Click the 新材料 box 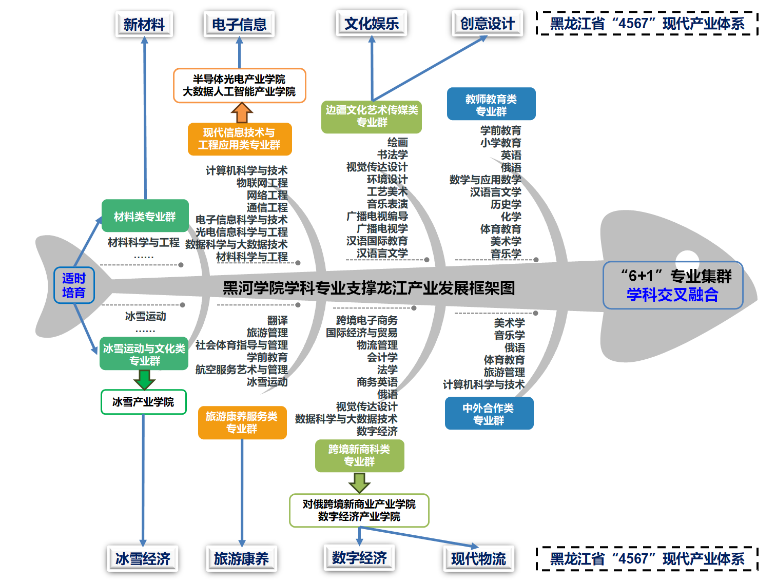pos(144,24)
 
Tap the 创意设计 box pos(487,24)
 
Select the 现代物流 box pos(478,558)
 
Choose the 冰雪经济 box pos(143,558)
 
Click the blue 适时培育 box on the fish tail pos(74,285)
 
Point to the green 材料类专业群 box pos(145,216)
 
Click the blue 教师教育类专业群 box pos(491,104)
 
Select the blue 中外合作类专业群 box pos(489,414)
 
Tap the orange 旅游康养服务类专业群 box pos(242,422)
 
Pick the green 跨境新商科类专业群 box pos(359,455)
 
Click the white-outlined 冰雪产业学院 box pos(143,402)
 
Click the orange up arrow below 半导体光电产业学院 pos(242,112)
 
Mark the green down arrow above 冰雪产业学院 pos(144,380)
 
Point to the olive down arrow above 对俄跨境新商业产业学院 pos(359,482)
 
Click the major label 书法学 pos(392,154)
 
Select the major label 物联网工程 pos(262,183)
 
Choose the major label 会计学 pos(382,357)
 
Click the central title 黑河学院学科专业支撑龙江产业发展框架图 pos(368,288)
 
